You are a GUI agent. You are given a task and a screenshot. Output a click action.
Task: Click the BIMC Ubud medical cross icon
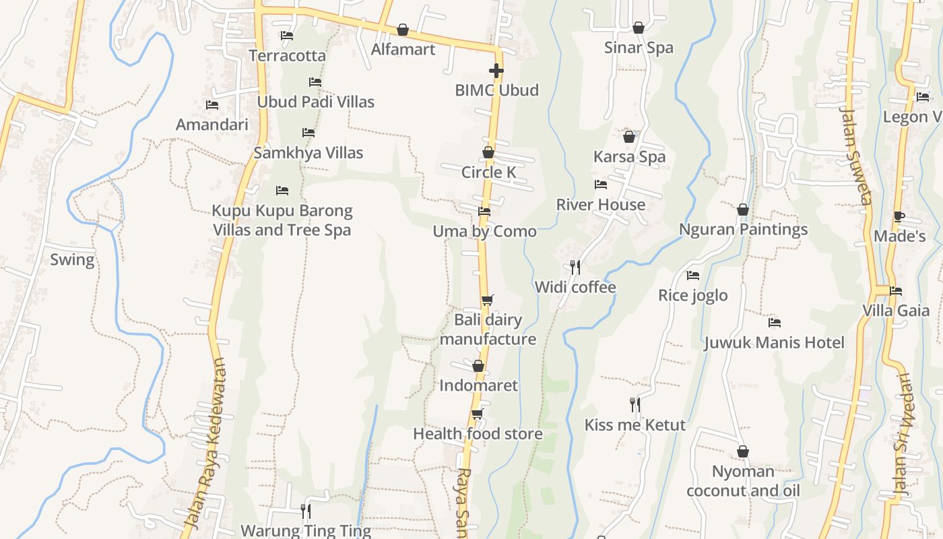[496, 71]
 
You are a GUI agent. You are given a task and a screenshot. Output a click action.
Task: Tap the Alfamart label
[403, 49]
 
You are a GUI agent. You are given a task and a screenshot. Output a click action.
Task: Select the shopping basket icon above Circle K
[488, 153]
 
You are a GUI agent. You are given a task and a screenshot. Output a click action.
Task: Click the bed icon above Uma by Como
[484, 212]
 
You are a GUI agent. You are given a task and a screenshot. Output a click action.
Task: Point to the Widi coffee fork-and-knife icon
[575, 267]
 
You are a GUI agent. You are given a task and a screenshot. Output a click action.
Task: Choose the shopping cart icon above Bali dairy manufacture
[487, 300]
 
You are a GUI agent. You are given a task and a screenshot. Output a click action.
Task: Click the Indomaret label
[478, 385]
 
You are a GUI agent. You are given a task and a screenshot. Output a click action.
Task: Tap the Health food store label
[478, 434]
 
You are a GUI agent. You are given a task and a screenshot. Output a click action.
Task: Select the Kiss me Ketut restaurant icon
[635, 404]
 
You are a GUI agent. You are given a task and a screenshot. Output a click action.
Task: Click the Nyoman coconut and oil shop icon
[743, 451]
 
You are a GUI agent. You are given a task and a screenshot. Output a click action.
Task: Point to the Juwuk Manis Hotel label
[774, 342]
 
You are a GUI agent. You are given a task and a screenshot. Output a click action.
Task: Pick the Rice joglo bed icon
[692, 276]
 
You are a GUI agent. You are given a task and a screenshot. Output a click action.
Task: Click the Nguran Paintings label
[743, 229]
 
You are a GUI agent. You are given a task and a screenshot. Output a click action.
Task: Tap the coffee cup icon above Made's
[899, 217]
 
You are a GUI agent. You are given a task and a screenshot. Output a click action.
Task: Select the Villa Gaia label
[896, 311]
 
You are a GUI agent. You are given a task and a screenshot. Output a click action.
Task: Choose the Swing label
[72, 259]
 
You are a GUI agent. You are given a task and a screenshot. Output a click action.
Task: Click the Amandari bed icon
[212, 105]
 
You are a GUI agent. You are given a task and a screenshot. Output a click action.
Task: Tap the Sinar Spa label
[639, 48]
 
